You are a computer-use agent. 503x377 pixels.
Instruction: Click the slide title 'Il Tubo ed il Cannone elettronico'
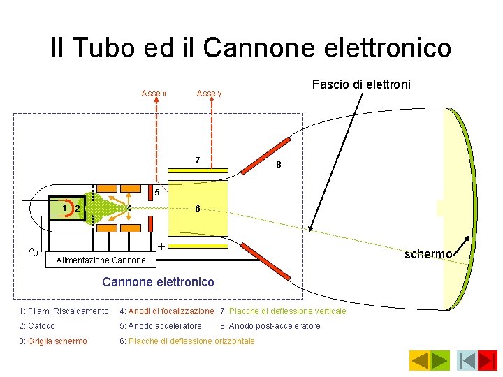[251, 47]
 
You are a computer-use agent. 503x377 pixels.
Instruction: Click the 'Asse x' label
[154, 94]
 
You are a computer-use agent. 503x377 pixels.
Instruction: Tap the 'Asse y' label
[209, 94]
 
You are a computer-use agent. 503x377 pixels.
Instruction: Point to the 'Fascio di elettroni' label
[361, 84]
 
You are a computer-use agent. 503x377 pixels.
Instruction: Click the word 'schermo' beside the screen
[428, 254]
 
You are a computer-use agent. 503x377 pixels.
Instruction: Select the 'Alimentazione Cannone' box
[96, 260]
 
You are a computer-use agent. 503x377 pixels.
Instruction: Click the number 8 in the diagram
[279, 165]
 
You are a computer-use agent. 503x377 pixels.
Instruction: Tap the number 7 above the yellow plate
[198, 161]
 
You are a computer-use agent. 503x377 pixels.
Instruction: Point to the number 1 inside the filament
[64, 207]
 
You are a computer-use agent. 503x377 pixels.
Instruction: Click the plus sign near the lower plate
[161, 246]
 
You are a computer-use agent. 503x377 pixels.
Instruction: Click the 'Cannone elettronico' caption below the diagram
[158, 282]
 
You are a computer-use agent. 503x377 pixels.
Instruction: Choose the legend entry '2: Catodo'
[37, 326]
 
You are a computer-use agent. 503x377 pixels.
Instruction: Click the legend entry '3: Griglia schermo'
[53, 341]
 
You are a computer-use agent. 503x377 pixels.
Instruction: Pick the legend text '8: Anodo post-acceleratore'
[270, 326]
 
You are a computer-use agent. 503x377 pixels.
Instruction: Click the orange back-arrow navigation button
[419, 360]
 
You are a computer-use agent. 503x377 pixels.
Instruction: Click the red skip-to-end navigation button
[488, 360]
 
